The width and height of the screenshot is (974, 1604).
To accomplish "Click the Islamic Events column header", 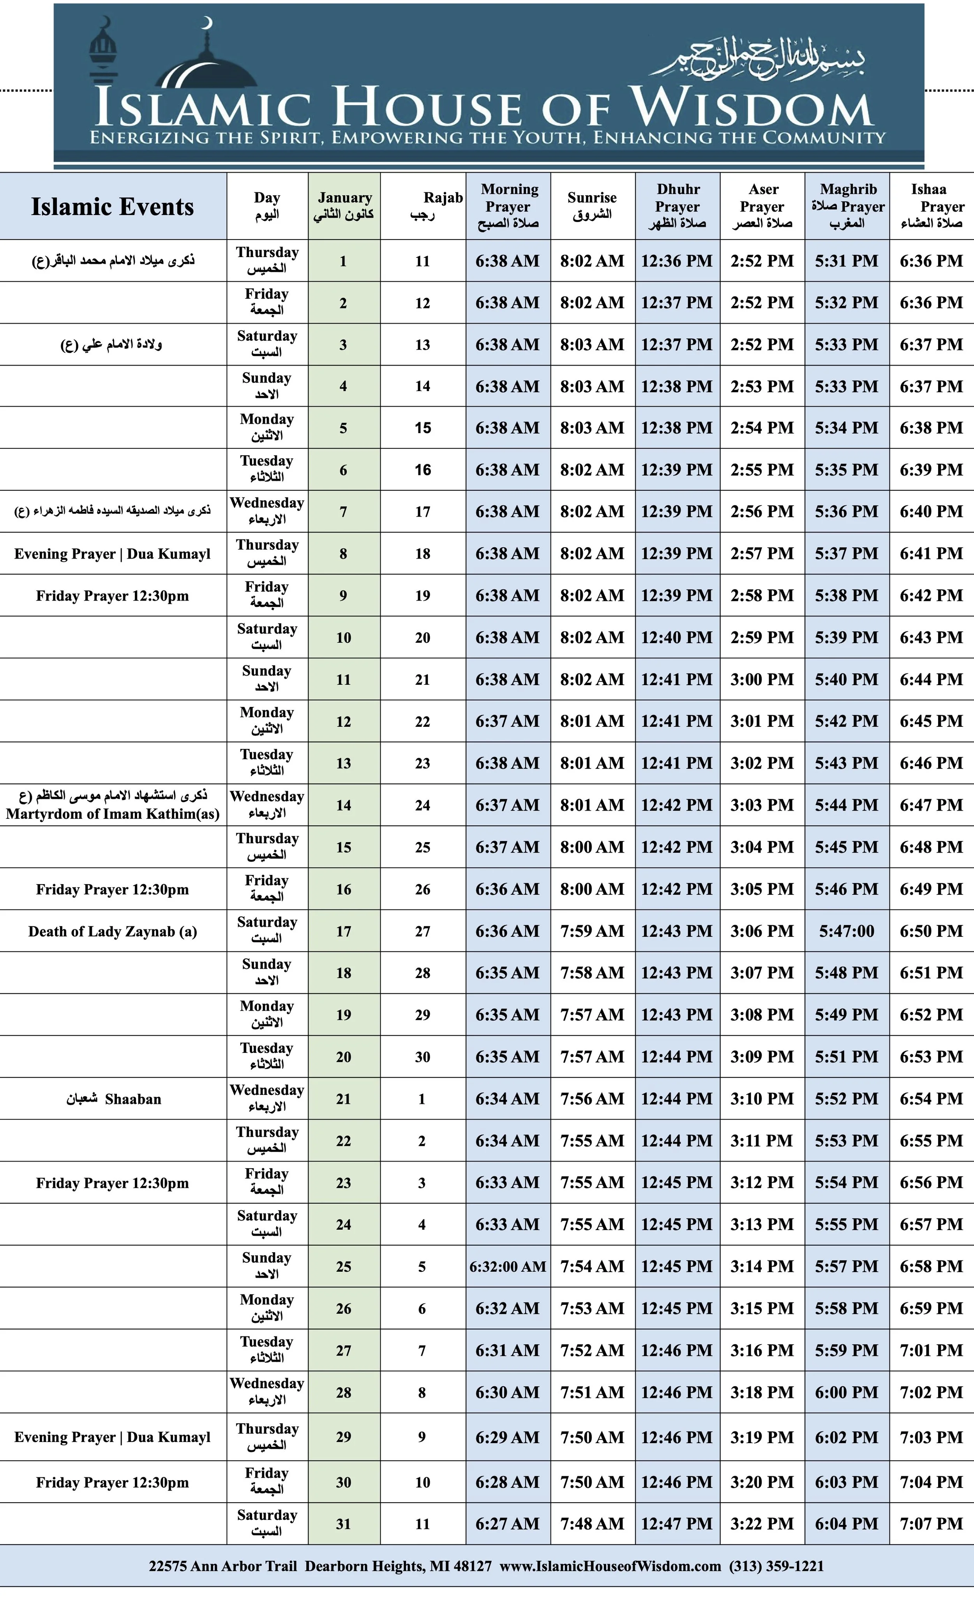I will (x=113, y=207).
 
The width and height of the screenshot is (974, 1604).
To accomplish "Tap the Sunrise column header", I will (x=592, y=206).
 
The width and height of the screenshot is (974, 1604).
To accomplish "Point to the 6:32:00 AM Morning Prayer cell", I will (x=508, y=1267).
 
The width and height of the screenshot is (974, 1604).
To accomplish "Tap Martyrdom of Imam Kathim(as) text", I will (x=113, y=814).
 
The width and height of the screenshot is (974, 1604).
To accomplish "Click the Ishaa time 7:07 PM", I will (x=931, y=1524).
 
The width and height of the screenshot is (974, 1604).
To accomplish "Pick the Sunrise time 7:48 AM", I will (x=592, y=1524).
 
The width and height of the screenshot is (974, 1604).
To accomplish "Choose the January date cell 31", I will (x=344, y=1524).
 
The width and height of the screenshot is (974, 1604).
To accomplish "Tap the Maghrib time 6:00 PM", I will (x=846, y=1392).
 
